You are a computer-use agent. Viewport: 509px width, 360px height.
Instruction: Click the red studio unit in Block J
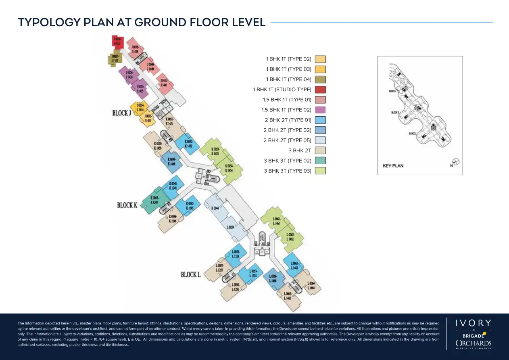pyautogui.click(x=118, y=41)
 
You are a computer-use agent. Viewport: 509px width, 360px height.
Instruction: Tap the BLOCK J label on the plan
pyautogui.click(x=122, y=113)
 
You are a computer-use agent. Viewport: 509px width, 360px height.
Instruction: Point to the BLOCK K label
pyautogui.click(x=127, y=205)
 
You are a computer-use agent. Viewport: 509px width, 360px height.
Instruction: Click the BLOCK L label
pyautogui.click(x=191, y=275)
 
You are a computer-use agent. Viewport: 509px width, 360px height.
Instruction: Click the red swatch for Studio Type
pyautogui.click(x=320, y=90)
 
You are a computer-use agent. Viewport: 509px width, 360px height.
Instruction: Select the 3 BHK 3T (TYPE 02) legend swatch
pyautogui.click(x=320, y=161)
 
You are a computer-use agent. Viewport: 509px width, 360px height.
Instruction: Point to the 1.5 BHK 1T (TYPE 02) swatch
pyautogui.click(x=320, y=110)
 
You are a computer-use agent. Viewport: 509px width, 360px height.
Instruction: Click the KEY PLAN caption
pyautogui.click(x=392, y=165)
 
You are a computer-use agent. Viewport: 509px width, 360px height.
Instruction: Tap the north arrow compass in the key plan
pyautogui.click(x=456, y=161)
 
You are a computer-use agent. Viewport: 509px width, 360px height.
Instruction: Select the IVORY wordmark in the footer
pyautogui.click(x=473, y=323)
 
